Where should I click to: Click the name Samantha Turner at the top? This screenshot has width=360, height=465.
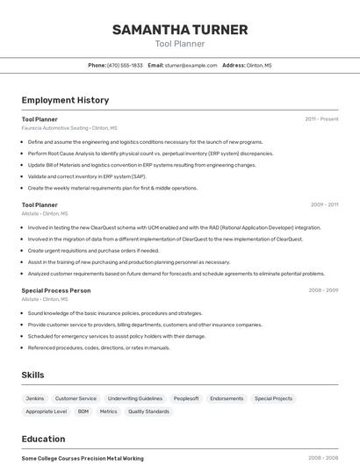(180, 30)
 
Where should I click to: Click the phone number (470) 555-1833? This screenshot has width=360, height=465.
(125, 65)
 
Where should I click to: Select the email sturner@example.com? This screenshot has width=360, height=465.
(191, 65)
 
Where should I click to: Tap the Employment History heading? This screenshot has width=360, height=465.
(65, 100)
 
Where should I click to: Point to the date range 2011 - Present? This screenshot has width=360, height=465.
(321, 118)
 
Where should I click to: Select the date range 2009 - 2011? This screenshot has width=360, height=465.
(324, 204)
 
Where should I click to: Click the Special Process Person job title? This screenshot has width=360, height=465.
(56, 290)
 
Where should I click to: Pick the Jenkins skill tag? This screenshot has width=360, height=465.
(35, 398)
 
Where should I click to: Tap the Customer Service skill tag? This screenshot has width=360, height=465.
(76, 398)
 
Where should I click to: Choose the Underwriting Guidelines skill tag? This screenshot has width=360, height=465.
(134, 398)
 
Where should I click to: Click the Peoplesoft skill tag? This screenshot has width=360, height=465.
(186, 398)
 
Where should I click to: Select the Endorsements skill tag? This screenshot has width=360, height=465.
(227, 398)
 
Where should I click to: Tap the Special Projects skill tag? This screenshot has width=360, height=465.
(273, 398)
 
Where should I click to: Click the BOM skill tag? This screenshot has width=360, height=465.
(83, 411)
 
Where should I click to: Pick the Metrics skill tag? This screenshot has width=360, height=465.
(108, 411)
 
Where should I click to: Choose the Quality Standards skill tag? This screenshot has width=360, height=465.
(148, 411)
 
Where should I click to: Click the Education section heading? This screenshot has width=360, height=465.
(43, 439)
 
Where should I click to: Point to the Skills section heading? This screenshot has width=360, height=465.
(32, 375)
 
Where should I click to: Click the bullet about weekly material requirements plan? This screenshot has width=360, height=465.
(112, 187)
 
